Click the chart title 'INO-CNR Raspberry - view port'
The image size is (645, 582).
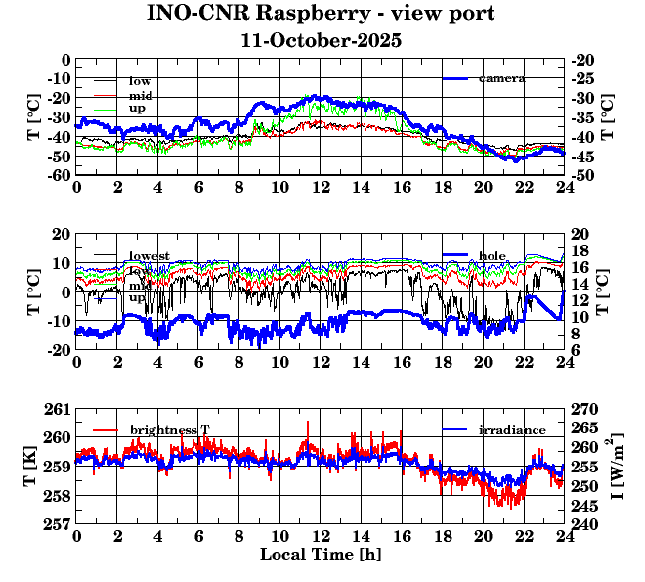click(322, 14)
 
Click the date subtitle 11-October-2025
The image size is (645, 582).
click(322, 41)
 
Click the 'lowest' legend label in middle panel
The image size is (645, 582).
click(150, 256)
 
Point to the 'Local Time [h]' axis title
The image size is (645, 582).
click(321, 555)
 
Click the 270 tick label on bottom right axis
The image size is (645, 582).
click(583, 409)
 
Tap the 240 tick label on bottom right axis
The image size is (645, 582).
click(583, 524)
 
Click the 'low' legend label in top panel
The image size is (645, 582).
click(140, 80)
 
